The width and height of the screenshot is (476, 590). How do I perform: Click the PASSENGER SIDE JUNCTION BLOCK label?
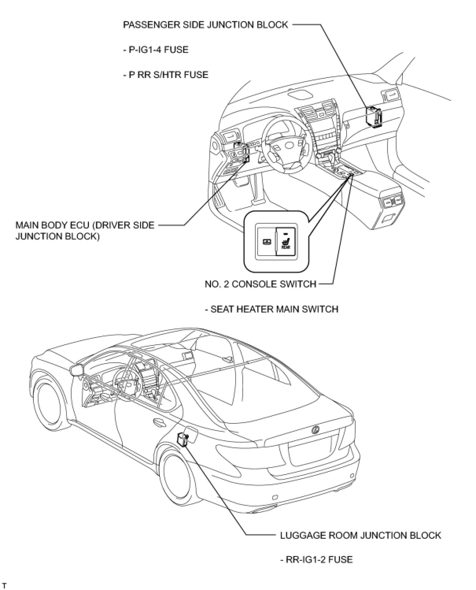click(205, 25)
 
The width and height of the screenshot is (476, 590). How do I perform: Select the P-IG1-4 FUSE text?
click(155, 50)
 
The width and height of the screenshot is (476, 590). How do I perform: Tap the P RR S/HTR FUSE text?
click(166, 74)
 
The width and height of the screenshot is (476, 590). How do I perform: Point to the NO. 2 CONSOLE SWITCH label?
click(260, 284)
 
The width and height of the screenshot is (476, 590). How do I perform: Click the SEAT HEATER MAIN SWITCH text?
click(271, 309)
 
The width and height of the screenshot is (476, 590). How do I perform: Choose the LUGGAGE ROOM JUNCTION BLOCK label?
click(360, 535)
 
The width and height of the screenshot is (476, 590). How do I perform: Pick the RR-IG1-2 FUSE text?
click(316, 559)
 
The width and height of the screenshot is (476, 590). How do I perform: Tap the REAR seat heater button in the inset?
click(286, 242)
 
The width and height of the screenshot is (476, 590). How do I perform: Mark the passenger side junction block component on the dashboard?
click(374, 117)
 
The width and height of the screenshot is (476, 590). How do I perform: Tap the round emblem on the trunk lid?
click(315, 430)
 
